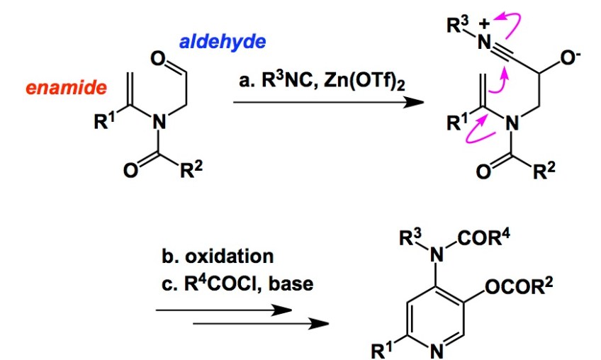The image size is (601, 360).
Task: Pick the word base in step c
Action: coord(296,284)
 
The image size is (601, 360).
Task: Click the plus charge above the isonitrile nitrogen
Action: coord(486,20)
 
